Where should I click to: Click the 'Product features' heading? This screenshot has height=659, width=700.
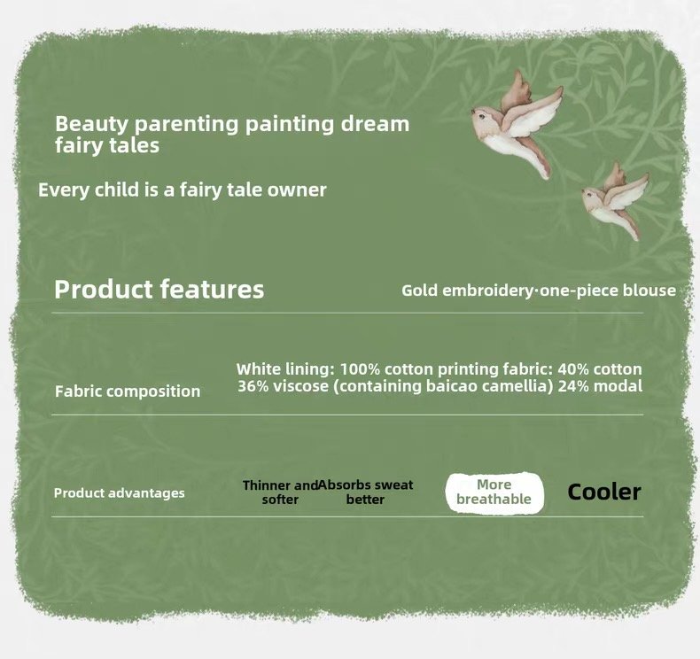coord(159,289)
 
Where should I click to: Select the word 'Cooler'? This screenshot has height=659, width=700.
coord(604,492)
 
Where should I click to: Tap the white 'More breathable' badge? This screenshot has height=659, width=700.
coord(494,492)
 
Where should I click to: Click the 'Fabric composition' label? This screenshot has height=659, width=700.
coord(128,392)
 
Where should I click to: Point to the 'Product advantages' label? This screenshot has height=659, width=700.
coord(120,493)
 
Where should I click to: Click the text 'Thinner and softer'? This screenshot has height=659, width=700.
coord(280,492)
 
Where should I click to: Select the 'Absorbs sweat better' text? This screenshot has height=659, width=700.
coord(366,492)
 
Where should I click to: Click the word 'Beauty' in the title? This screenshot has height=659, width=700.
coord(91,124)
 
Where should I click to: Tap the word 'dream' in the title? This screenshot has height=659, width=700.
coord(375,124)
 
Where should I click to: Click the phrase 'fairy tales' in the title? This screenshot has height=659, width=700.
coord(107,145)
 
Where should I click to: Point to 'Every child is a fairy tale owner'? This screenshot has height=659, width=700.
coord(183,190)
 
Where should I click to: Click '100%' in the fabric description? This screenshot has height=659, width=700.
coord(360,369)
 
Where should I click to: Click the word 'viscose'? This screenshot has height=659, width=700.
coord(300,386)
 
